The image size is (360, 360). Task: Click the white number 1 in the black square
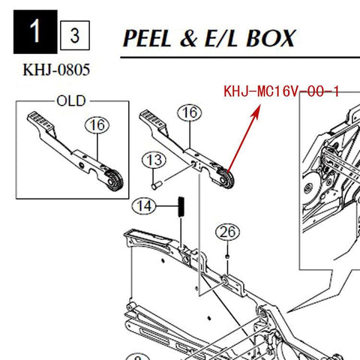[35, 31]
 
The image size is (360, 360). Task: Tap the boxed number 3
[75, 35]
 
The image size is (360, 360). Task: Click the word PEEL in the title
[147, 38]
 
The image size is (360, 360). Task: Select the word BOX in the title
[271, 38]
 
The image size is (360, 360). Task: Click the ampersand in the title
[189, 38]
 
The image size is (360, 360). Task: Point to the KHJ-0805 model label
[56, 70]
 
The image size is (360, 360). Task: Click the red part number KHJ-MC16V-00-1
[281, 91]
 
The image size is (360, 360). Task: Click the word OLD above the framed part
[71, 101]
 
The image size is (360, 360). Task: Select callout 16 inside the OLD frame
[97, 125]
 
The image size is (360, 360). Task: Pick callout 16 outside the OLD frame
[190, 112]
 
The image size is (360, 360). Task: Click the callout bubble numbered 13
[154, 160]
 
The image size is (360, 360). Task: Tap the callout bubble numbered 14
[144, 206]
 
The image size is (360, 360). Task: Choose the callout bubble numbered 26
[227, 232]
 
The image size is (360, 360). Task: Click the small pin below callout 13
[157, 185]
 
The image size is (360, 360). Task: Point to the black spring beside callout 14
[181, 207]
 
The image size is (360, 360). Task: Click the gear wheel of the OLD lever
[115, 181]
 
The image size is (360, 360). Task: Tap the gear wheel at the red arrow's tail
[226, 179]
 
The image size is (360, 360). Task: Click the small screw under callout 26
[227, 256]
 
